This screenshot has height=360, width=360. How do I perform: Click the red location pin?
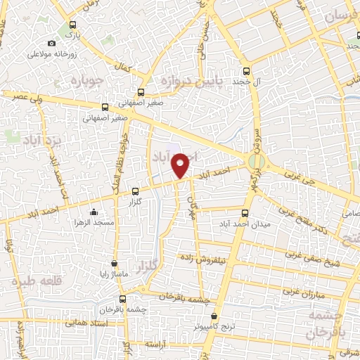point(181,164)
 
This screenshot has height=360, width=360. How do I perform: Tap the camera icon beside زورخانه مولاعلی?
point(51,44)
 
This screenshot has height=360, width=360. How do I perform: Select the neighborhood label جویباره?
point(88,81)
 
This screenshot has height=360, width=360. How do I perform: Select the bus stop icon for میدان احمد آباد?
point(245,213)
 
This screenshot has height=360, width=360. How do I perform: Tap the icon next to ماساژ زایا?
point(114,263)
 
